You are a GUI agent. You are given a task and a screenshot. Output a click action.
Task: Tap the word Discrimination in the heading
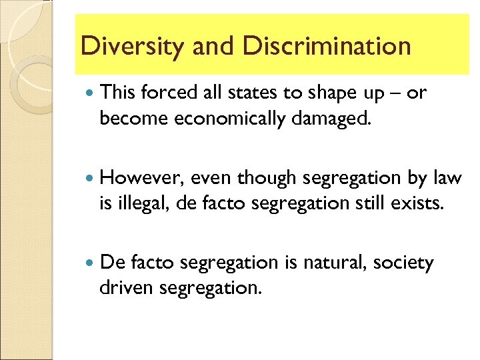327,46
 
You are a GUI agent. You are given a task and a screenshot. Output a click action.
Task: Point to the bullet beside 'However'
89,179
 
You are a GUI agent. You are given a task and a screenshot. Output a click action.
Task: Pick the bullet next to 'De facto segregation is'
89,263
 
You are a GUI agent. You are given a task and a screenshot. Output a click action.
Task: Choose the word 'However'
141,179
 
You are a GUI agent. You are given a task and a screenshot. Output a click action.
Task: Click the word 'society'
403,264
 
